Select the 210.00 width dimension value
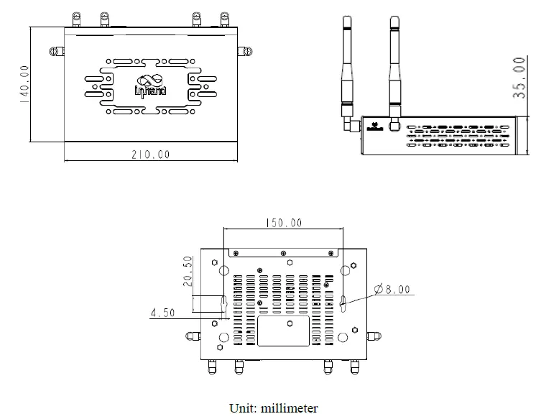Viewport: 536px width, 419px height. [x=151, y=154]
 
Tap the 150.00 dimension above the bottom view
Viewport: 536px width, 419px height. [x=283, y=223]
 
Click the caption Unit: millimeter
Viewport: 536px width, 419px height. [x=273, y=408]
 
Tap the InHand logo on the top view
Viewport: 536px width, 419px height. [x=151, y=84]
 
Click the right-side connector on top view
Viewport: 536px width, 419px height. [x=245, y=51]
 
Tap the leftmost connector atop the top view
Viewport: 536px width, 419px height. [x=75, y=19]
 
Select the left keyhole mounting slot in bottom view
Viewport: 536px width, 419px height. [x=224, y=305]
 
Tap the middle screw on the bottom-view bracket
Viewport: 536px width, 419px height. [x=285, y=252]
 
